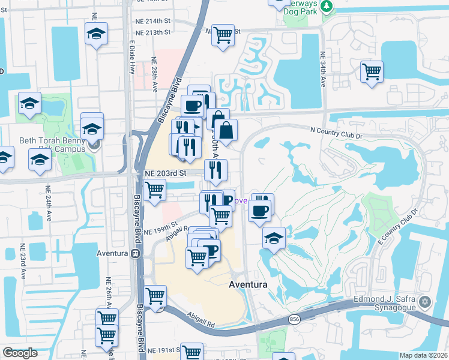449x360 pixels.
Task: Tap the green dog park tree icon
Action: [327, 6]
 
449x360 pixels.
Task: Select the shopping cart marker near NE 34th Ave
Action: [372, 71]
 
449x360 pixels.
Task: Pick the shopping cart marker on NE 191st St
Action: [192, 352]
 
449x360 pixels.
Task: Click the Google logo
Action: [20, 353]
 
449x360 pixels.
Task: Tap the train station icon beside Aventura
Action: [136, 253]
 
